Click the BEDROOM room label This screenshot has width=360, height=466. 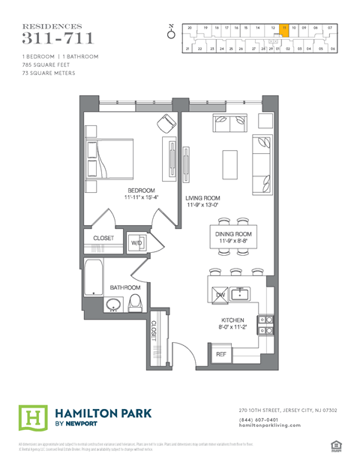click(141, 191)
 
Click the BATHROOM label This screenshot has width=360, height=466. click(125, 287)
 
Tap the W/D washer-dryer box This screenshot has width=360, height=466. click(137, 243)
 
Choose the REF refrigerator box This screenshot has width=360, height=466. click(222, 353)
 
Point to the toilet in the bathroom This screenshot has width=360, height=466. click(136, 302)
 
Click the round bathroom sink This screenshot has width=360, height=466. click(113, 305)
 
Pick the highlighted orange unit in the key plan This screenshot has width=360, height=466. click(284, 30)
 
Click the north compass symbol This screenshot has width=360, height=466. click(170, 32)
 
